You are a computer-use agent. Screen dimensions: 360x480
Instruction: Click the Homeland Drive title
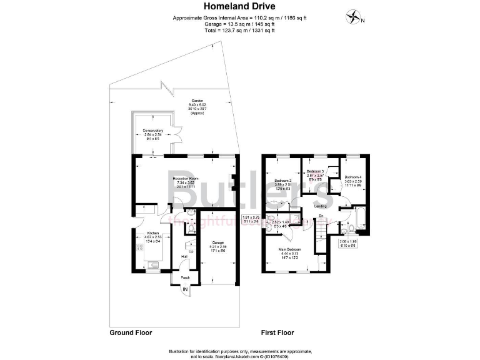(x=240, y=7)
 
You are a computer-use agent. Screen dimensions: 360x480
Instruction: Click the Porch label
(x=185, y=277)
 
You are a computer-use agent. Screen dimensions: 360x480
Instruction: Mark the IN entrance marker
(x=185, y=289)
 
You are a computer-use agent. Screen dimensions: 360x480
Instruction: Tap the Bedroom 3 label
(x=315, y=171)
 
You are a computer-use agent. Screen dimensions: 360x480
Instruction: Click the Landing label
(x=321, y=206)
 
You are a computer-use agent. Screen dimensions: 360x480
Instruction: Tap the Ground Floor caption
(x=131, y=332)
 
